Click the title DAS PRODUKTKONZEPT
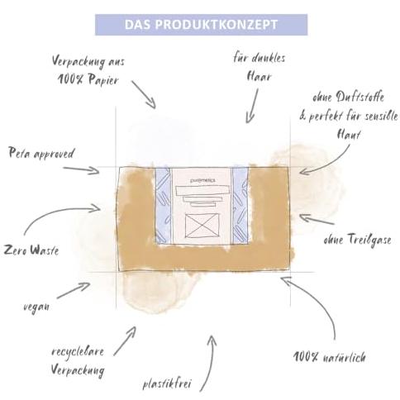coord(201,25)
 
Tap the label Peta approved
coord(41,153)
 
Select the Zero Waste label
coord(31,250)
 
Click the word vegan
coord(36,307)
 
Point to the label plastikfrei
coord(167,383)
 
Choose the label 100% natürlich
coord(330,357)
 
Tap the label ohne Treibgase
coord(357,239)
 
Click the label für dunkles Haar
coord(259,67)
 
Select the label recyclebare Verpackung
coord(78,361)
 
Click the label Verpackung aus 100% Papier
coord(88,71)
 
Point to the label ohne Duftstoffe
coord(348,98)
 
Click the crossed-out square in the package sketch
coord(202,226)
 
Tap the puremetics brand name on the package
coord(202,181)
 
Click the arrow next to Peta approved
coord(81,169)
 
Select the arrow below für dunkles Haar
coord(253,106)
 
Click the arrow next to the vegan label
coord(74,290)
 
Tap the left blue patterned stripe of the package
coord(164,206)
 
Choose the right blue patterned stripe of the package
coord(240,206)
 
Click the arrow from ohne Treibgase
coord(317,219)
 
